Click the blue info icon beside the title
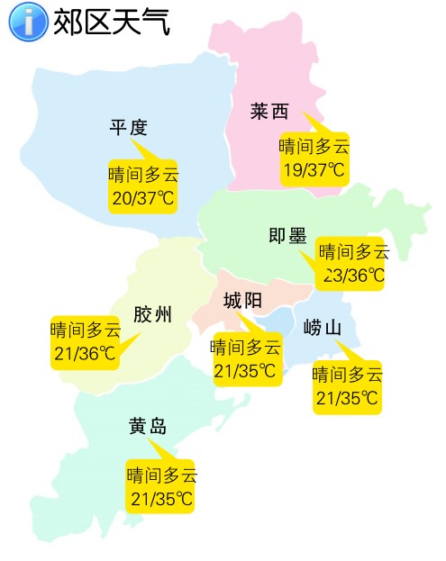[28, 22]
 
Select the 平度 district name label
[129, 128]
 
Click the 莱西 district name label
[269, 112]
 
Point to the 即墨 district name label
[288, 236]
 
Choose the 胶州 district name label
[152, 315]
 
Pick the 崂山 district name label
[323, 328]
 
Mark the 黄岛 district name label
[148, 425]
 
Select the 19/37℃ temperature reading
[314, 169]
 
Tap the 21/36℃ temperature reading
[85, 354]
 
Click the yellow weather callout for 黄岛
[161, 486]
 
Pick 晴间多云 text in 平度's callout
[143, 174]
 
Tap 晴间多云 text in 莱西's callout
[314, 147]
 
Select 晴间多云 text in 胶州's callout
[85, 330]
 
